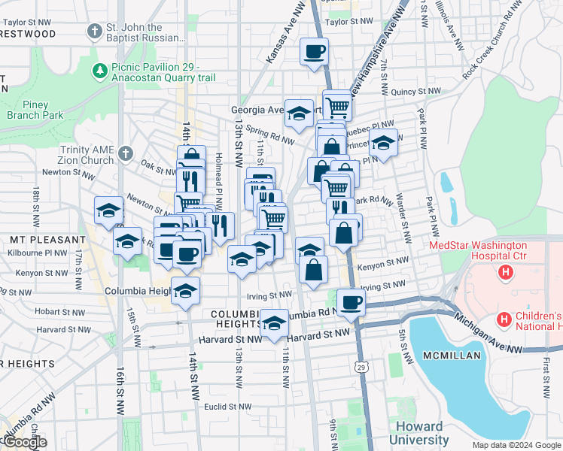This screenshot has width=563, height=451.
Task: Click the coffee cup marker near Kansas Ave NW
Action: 314,52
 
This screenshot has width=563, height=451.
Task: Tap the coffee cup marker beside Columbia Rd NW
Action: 350,302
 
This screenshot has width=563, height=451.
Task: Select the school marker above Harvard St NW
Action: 275,323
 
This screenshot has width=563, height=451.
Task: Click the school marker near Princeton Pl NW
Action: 383,144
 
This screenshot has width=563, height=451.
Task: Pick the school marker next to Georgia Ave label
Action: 299,114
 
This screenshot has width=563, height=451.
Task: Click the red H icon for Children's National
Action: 504,321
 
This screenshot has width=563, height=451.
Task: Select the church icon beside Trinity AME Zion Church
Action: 125,154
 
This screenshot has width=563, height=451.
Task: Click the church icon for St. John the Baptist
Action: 94,32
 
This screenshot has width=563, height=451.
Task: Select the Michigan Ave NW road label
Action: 489,333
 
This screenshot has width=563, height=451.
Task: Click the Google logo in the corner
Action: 24,442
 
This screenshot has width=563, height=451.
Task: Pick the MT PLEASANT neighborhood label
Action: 38,239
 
